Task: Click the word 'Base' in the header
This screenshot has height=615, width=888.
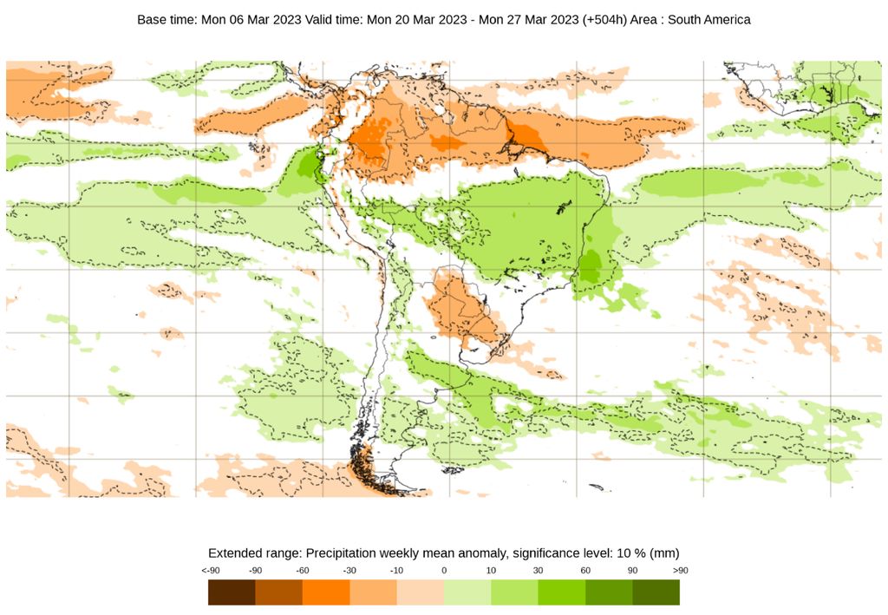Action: pyautogui.click(x=152, y=19)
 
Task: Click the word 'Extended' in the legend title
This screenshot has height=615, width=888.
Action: pyautogui.click(x=233, y=553)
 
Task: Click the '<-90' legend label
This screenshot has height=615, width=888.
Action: pyautogui.click(x=209, y=571)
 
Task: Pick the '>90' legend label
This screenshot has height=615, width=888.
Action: pyautogui.click(x=679, y=571)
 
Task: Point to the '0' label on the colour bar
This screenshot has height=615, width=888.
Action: pyautogui.click(x=444, y=571)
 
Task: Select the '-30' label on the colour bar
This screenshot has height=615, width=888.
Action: pyautogui.click(x=349, y=571)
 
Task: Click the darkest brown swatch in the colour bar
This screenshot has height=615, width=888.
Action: pyautogui.click(x=232, y=592)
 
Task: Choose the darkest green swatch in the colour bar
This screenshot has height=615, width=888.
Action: pyautogui.click(x=656, y=592)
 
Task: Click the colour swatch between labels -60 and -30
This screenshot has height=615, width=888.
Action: pyautogui.click(x=326, y=592)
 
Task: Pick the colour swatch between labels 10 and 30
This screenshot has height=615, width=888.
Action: pyautogui.click(x=514, y=592)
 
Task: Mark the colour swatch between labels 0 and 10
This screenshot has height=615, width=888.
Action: pyautogui.click(x=467, y=592)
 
